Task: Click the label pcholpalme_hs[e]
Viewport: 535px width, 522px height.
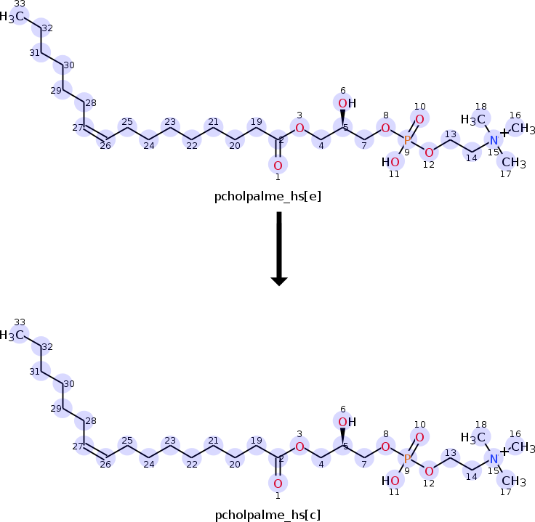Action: [267, 195]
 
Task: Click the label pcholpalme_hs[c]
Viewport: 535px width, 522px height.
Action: [267, 515]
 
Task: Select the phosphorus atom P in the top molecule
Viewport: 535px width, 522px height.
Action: [407, 140]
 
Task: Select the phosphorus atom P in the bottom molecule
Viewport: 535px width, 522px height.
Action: [407, 459]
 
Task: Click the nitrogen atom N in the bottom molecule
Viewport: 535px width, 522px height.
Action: [494, 459]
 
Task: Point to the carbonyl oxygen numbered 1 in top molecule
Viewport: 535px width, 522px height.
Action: [278, 165]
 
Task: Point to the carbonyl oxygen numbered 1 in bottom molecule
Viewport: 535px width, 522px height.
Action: [278, 484]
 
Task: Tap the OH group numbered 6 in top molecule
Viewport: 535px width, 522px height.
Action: [346, 104]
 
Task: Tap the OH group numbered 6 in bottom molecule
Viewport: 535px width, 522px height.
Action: [346, 423]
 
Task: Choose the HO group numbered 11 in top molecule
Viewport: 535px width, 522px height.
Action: [391, 162]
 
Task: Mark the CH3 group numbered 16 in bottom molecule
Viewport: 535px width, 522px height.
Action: [521, 447]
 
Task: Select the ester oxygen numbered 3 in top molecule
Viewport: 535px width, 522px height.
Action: [299, 128]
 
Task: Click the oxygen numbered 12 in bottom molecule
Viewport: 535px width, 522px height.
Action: [429, 470]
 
